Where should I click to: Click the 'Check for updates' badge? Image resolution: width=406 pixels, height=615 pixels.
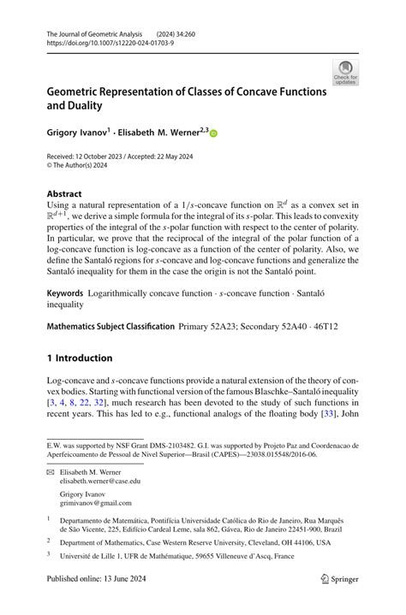coord(345,72)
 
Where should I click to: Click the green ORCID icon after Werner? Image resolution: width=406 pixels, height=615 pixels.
coord(213,133)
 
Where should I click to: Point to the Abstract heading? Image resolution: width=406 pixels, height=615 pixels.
coord(65,194)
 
